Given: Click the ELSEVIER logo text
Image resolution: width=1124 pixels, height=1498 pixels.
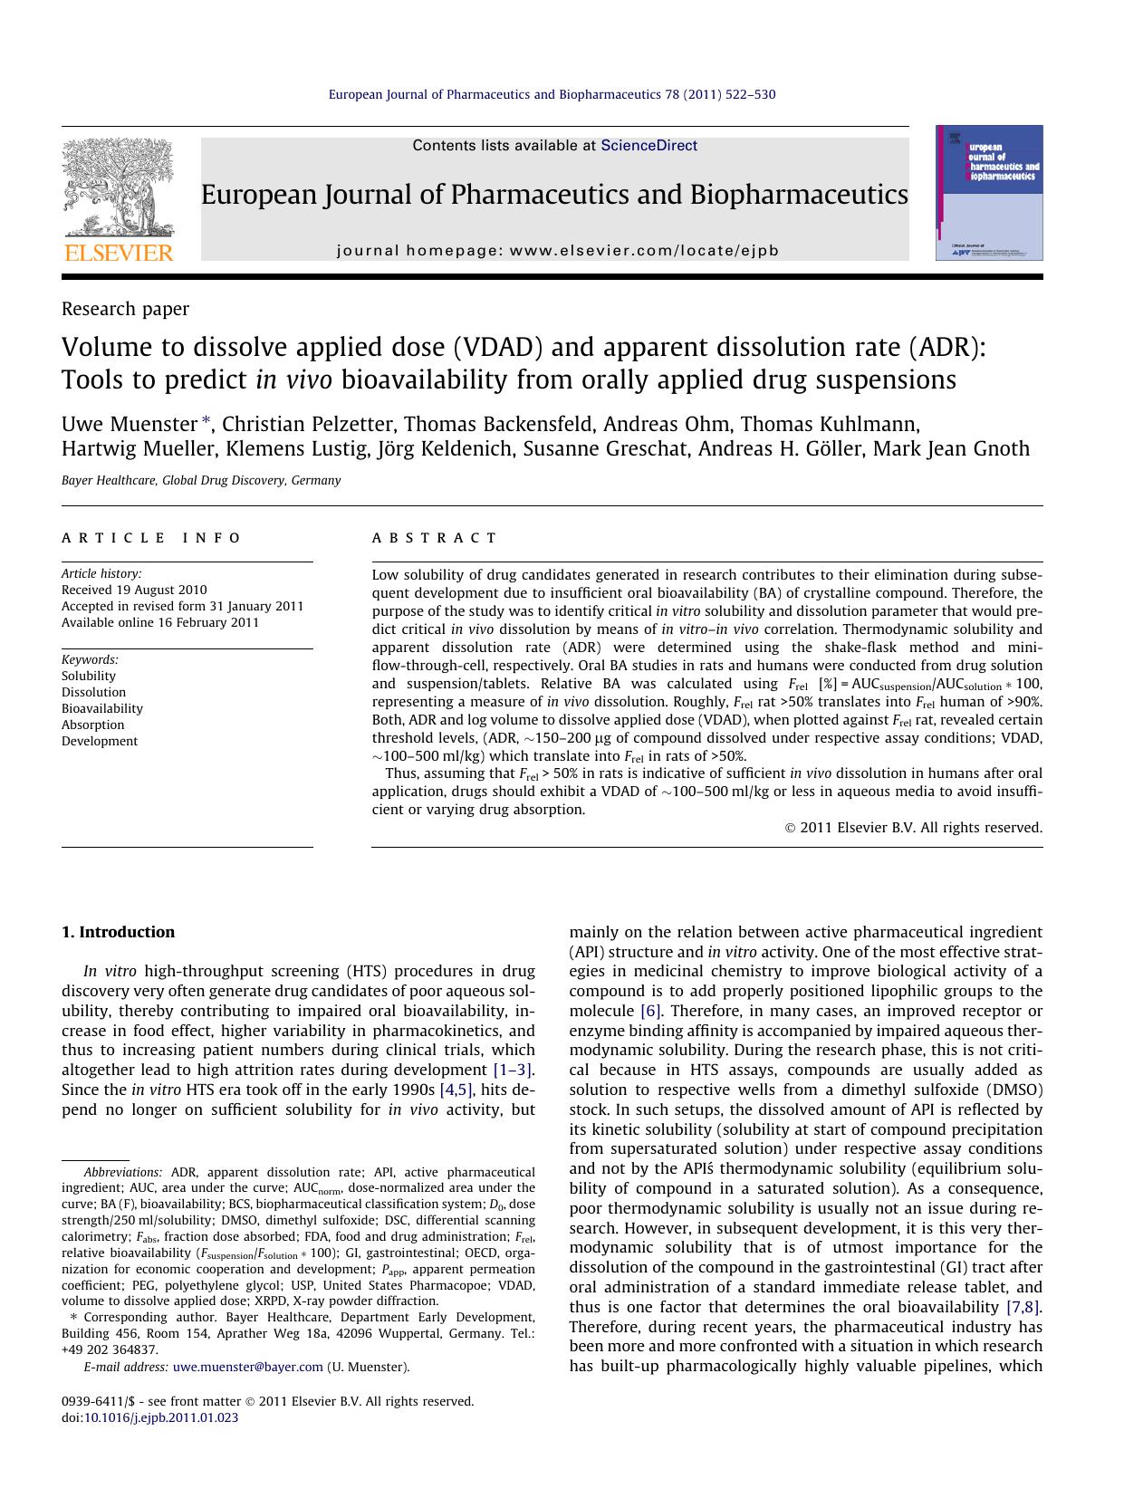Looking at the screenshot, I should click(117, 253).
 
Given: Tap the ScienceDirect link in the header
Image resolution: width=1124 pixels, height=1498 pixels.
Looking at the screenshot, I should click(648, 145).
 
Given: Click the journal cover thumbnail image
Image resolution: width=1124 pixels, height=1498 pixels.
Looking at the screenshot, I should click(989, 193).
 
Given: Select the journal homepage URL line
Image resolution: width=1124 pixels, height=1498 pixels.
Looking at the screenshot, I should click(557, 251).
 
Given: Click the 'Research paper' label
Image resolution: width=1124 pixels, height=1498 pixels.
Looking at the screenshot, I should click(125, 309).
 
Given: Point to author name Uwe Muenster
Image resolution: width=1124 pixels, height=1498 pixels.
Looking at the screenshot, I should click(130, 424).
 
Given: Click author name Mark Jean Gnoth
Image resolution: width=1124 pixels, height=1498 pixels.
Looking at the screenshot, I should click(951, 449).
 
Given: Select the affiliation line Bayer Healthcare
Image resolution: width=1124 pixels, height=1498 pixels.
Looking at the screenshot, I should click(201, 481).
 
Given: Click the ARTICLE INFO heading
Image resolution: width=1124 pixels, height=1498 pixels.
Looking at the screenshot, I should click(151, 538).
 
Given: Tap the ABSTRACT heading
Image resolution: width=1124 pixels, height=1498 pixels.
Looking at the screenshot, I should click(435, 538).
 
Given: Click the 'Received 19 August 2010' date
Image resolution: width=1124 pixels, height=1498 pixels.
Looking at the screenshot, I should click(134, 590).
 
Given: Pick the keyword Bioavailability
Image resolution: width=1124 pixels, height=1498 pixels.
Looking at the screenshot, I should click(102, 708).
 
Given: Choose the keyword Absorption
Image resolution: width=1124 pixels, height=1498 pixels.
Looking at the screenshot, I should click(93, 725).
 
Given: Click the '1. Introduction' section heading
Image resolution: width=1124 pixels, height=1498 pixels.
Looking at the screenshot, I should click(118, 932).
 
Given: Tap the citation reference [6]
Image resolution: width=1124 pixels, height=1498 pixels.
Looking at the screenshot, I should click(649, 1011).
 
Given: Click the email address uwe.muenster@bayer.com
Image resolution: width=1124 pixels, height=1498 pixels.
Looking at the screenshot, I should click(247, 1367).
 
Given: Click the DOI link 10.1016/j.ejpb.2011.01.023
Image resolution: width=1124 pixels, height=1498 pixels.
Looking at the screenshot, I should click(160, 1417).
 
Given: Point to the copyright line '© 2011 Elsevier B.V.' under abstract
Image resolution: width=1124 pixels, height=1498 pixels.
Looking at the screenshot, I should click(913, 827).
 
